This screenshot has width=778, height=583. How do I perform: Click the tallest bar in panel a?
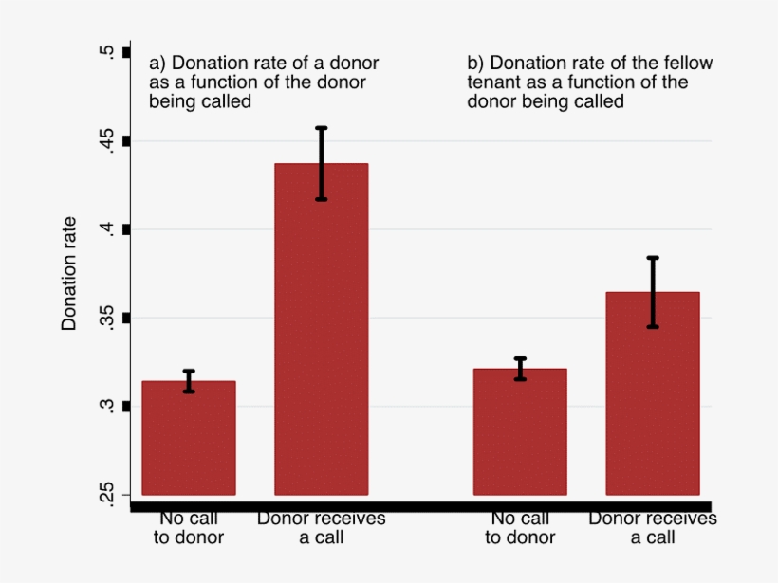coord(321,332)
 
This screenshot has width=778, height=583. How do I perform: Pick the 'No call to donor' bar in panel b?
coord(520,432)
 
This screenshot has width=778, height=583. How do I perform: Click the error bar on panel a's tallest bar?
coord(321,163)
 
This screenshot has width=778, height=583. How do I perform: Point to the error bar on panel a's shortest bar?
coord(189,381)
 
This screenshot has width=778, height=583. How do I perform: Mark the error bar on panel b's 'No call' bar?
coord(520,369)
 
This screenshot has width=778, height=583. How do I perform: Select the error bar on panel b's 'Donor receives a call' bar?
coord(653,292)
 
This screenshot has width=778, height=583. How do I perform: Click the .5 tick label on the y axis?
coord(106,52)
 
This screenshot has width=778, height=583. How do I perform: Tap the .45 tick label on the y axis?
coord(106,141)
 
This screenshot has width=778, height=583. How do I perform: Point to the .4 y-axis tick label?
coord(106,228)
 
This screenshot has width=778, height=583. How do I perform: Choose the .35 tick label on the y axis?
coord(106,318)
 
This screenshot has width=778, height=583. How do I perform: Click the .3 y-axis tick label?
coord(106,406)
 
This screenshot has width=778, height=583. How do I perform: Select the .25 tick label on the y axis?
coord(106,494)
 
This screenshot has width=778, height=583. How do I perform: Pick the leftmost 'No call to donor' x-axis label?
coord(189,528)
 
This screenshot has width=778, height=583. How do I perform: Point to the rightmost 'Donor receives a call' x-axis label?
coord(653,528)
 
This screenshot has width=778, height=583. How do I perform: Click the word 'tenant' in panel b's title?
coord(491,82)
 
